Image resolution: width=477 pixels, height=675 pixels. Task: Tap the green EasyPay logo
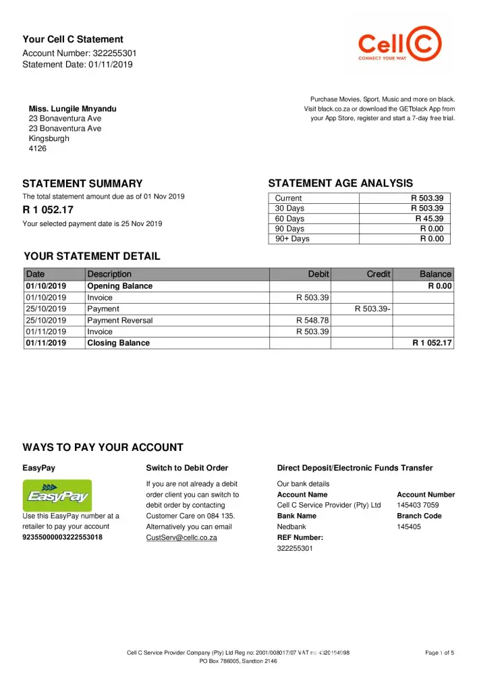coord(57,495)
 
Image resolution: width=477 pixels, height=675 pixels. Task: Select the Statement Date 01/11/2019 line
coord(78,65)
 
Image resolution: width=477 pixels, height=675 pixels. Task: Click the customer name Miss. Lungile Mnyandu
coord(72,109)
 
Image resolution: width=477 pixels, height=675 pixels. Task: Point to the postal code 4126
coord(38,148)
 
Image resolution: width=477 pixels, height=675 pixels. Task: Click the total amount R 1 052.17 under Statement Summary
coord(49,210)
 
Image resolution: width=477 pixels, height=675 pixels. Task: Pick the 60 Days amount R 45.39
coord(429,219)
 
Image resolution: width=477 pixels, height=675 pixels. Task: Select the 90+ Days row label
coord(292,239)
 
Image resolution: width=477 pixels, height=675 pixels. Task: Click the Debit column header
coord(318,274)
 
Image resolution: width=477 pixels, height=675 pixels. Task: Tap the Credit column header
coord(378,274)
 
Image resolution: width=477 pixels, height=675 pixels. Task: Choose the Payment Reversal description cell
coord(120,321)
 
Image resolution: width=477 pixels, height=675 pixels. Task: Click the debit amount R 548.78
coord(313,321)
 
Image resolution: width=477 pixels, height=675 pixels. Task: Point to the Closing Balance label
coord(119,343)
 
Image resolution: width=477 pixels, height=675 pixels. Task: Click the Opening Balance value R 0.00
coord(440,286)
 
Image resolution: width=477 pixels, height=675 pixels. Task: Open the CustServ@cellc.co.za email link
coord(181,538)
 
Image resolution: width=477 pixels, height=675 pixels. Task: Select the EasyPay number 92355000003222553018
coord(63,538)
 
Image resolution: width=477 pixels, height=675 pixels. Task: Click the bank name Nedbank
coord(291,527)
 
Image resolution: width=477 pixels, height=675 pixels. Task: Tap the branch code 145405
coord(409,527)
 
